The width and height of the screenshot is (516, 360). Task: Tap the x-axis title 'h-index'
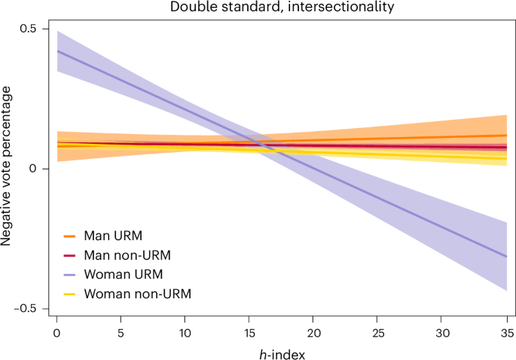point(281,351)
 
